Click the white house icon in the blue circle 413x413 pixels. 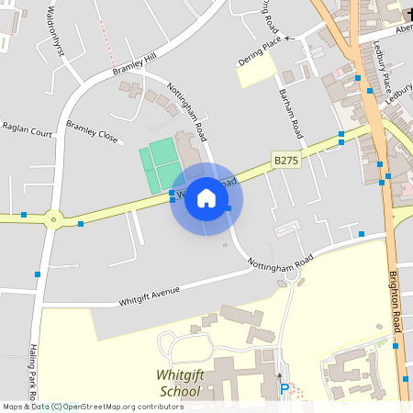[x=206, y=198]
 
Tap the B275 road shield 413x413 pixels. [x=286, y=160]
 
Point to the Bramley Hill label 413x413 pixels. [x=135, y=64]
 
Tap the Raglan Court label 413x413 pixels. [x=27, y=129]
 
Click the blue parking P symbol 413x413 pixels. [x=285, y=389]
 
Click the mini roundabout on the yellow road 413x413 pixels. [x=53, y=218]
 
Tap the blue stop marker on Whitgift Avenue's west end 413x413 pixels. [x=38, y=273]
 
